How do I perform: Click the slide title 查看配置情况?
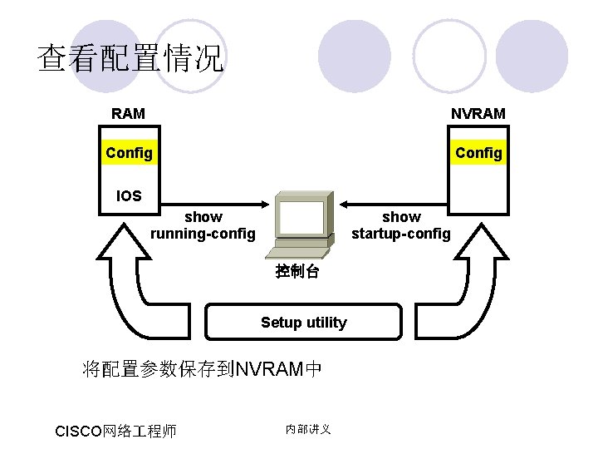[130, 59]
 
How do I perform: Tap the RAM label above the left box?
[128, 113]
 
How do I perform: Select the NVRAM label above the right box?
[478, 113]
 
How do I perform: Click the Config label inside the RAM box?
[129, 153]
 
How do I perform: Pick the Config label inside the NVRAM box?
[478, 153]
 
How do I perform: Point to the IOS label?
[128, 197]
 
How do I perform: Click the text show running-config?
[203, 225]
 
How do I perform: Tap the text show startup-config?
[400, 225]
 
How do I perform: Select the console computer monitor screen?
[301, 218]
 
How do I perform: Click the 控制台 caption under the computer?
[297, 272]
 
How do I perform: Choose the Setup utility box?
[303, 323]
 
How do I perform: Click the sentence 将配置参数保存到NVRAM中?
[202, 368]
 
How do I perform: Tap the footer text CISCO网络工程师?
[115, 431]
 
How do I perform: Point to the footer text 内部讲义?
[308, 429]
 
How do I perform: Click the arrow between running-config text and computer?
[248, 203]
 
